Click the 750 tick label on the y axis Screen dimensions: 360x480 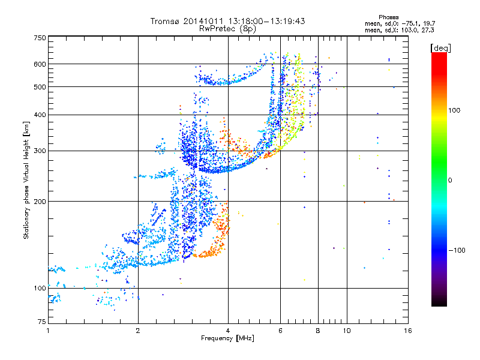[40, 38]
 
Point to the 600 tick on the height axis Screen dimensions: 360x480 [40, 64]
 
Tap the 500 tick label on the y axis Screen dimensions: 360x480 [40, 87]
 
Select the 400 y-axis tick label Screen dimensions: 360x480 [40, 115]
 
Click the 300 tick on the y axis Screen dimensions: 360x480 [40, 151]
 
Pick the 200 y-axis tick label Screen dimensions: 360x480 [40, 202]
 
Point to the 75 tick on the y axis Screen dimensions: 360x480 [41, 322]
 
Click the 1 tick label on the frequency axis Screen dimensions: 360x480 [48, 330]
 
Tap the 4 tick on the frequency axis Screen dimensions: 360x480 [228, 330]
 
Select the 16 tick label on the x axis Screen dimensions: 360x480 [408, 330]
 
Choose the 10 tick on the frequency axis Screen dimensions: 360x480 [346, 330]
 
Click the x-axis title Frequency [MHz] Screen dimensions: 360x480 [228, 339]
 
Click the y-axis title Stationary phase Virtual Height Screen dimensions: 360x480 [26, 180]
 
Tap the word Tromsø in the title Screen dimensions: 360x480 [168, 21]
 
